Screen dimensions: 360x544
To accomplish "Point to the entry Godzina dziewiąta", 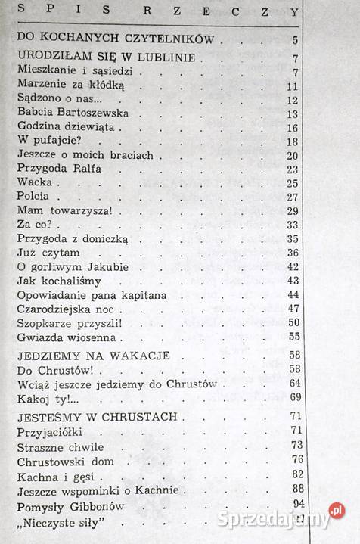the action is [x=67, y=127].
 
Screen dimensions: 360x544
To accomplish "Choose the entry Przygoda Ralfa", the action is [x=58, y=169].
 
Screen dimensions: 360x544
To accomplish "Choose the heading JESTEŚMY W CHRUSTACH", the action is [x=96, y=417].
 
